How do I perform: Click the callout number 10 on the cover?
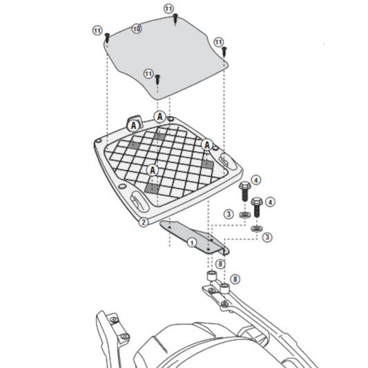click(137, 28)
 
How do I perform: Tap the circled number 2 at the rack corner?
click(143, 222)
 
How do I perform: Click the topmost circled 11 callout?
click(168, 8)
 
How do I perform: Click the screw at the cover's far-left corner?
click(108, 41)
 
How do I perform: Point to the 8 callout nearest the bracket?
click(220, 263)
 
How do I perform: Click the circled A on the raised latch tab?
click(135, 126)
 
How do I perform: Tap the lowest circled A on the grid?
click(153, 169)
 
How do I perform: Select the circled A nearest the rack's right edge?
click(206, 144)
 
